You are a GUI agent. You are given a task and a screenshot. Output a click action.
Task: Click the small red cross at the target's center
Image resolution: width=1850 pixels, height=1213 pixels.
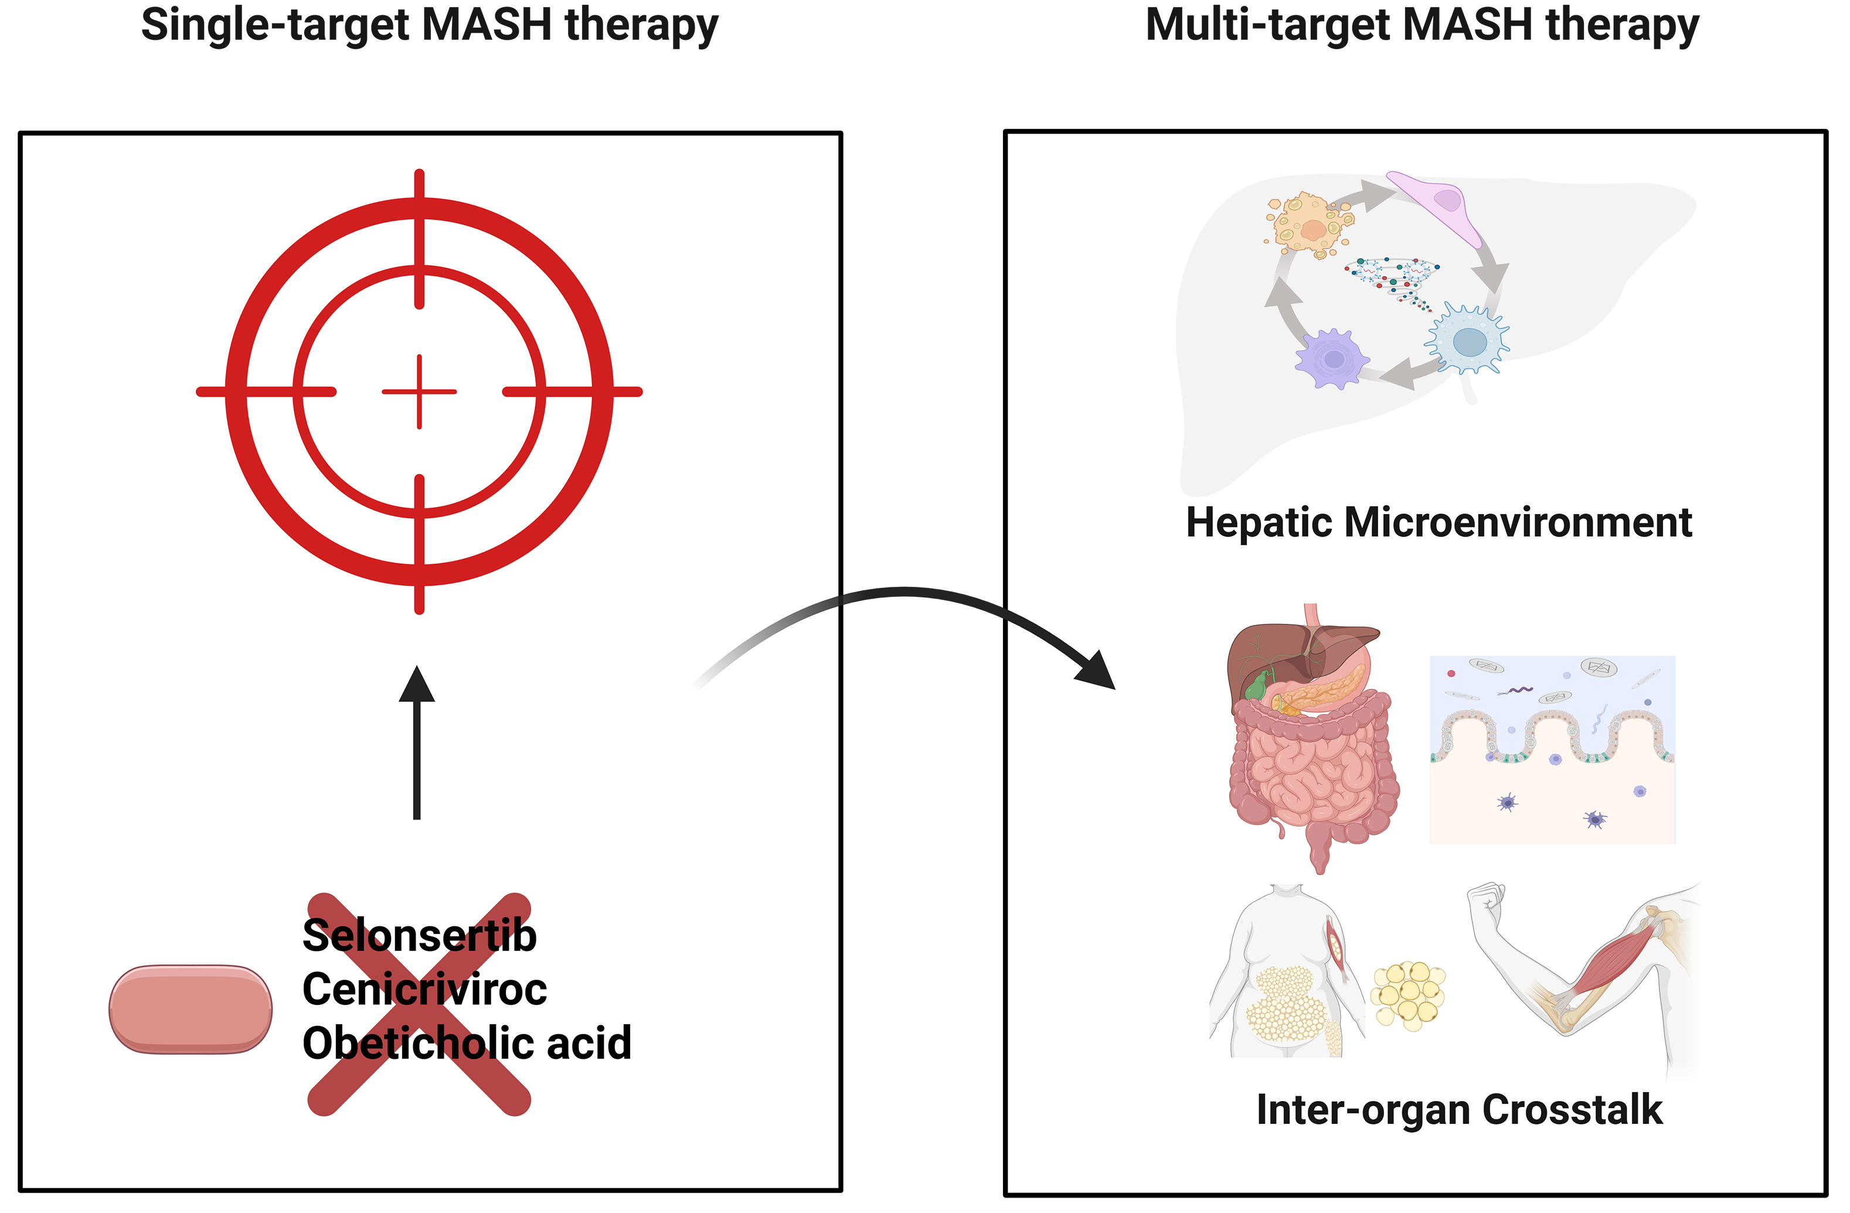click(419, 392)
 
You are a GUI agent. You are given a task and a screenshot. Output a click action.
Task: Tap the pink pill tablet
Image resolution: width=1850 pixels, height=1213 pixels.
click(191, 1010)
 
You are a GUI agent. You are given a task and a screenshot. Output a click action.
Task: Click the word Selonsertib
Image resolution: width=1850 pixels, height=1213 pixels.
click(419, 936)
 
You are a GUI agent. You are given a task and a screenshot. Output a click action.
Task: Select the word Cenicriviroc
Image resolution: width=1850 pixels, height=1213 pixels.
click(424, 989)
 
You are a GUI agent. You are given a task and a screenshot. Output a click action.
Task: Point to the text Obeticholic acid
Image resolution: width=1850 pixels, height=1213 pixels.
click(467, 1043)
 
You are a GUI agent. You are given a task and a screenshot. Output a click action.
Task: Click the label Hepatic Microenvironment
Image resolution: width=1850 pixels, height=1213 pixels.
click(1438, 522)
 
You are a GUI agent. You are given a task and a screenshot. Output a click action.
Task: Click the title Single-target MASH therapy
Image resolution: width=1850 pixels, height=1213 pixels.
click(429, 25)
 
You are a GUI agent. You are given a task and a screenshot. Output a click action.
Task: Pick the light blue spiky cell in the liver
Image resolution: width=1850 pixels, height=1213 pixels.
click(1468, 341)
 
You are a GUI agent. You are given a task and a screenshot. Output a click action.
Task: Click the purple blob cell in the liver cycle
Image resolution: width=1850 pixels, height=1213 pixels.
click(1332, 359)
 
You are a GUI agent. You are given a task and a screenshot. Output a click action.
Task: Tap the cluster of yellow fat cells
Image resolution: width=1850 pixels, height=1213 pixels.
click(1407, 996)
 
